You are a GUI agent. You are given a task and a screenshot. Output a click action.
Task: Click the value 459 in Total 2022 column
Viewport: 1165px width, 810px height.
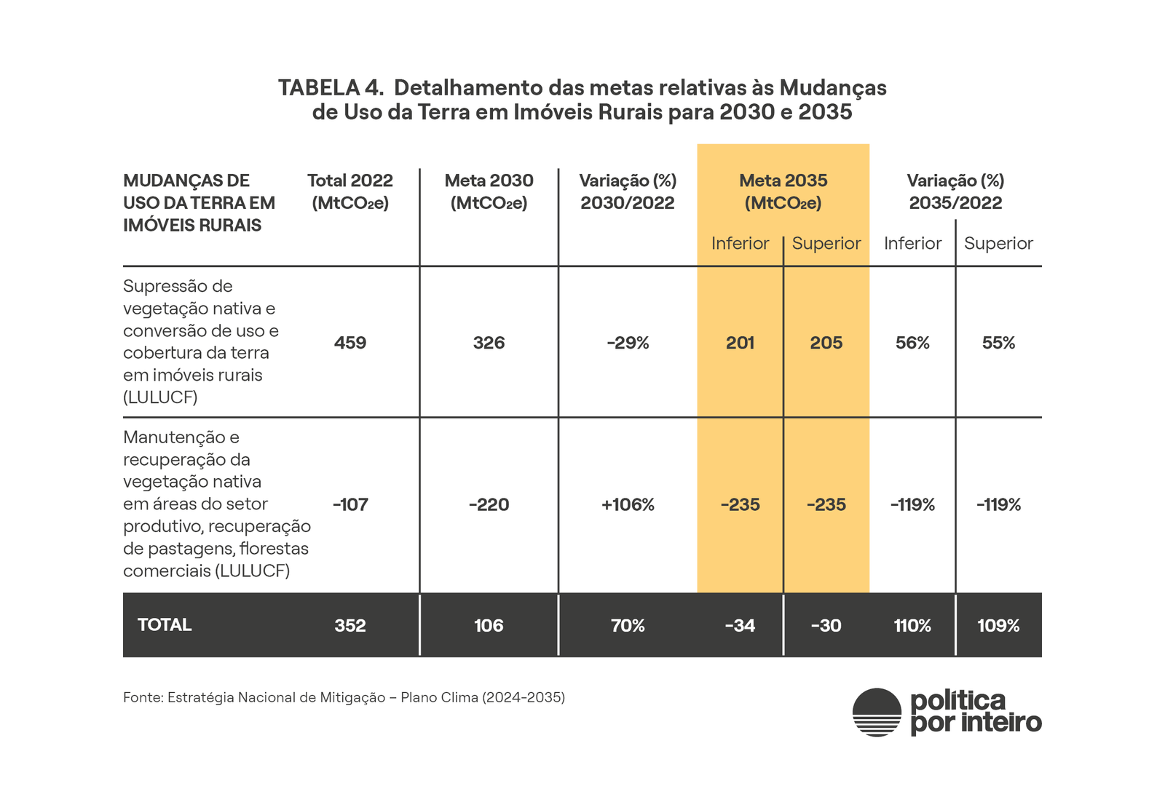pyautogui.click(x=350, y=343)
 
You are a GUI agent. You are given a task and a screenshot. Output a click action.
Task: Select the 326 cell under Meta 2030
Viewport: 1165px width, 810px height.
pyautogui.click(x=489, y=343)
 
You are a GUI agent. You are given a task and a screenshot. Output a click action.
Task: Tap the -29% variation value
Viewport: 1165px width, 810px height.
pyautogui.click(x=628, y=343)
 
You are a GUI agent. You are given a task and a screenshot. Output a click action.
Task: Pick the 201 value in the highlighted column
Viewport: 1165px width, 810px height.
pyautogui.click(x=740, y=343)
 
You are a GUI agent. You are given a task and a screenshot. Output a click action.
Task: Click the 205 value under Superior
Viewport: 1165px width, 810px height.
pyautogui.click(x=826, y=343)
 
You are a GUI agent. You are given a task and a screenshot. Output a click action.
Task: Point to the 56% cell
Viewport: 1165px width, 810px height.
pyautogui.click(x=912, y=343)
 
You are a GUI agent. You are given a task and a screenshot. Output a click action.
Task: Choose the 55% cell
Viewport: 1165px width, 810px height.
pyautogui.click(x=998, y=343)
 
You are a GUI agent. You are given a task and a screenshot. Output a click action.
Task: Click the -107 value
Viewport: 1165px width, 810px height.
pyautogui.click(x=350, y=504)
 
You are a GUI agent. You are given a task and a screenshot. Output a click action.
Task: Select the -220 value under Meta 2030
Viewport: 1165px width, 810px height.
pyautogui.click(x=489, y=504)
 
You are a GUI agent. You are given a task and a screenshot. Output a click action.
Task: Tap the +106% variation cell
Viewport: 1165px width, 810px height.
pyautogui.click(x=628, y=504)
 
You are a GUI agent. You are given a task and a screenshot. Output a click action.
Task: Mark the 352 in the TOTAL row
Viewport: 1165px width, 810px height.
pyautogui.click(x=350, y=625)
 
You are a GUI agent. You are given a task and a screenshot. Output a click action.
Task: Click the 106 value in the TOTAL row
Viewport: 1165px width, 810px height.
pyautogui.click(x=489, y=625)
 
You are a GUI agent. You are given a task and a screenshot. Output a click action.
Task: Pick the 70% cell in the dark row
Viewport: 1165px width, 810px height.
pyautogui.click(x=628, y=625)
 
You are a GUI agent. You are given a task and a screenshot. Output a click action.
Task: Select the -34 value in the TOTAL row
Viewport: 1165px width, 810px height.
pyautogui.click(x=740, y=625)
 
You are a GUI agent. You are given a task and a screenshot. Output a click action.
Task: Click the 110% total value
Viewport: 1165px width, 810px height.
pyautogui.click(x=912, y=625)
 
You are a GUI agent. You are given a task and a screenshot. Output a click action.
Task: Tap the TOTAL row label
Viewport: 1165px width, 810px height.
pyautogui.click(x=165, y=624)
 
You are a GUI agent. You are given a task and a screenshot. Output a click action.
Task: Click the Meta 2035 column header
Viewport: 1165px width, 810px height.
pyautogui.click(x=783, y=191)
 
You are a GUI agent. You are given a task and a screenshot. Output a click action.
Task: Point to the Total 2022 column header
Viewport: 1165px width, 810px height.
pyautogui.click(x=350, y=191)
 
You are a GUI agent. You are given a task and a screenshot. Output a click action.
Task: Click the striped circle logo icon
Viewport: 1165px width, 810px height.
pyautogui.click(x=877, y=712)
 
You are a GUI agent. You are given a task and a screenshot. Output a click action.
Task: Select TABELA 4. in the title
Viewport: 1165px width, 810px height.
pyautogui.click(x=331, y=88)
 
